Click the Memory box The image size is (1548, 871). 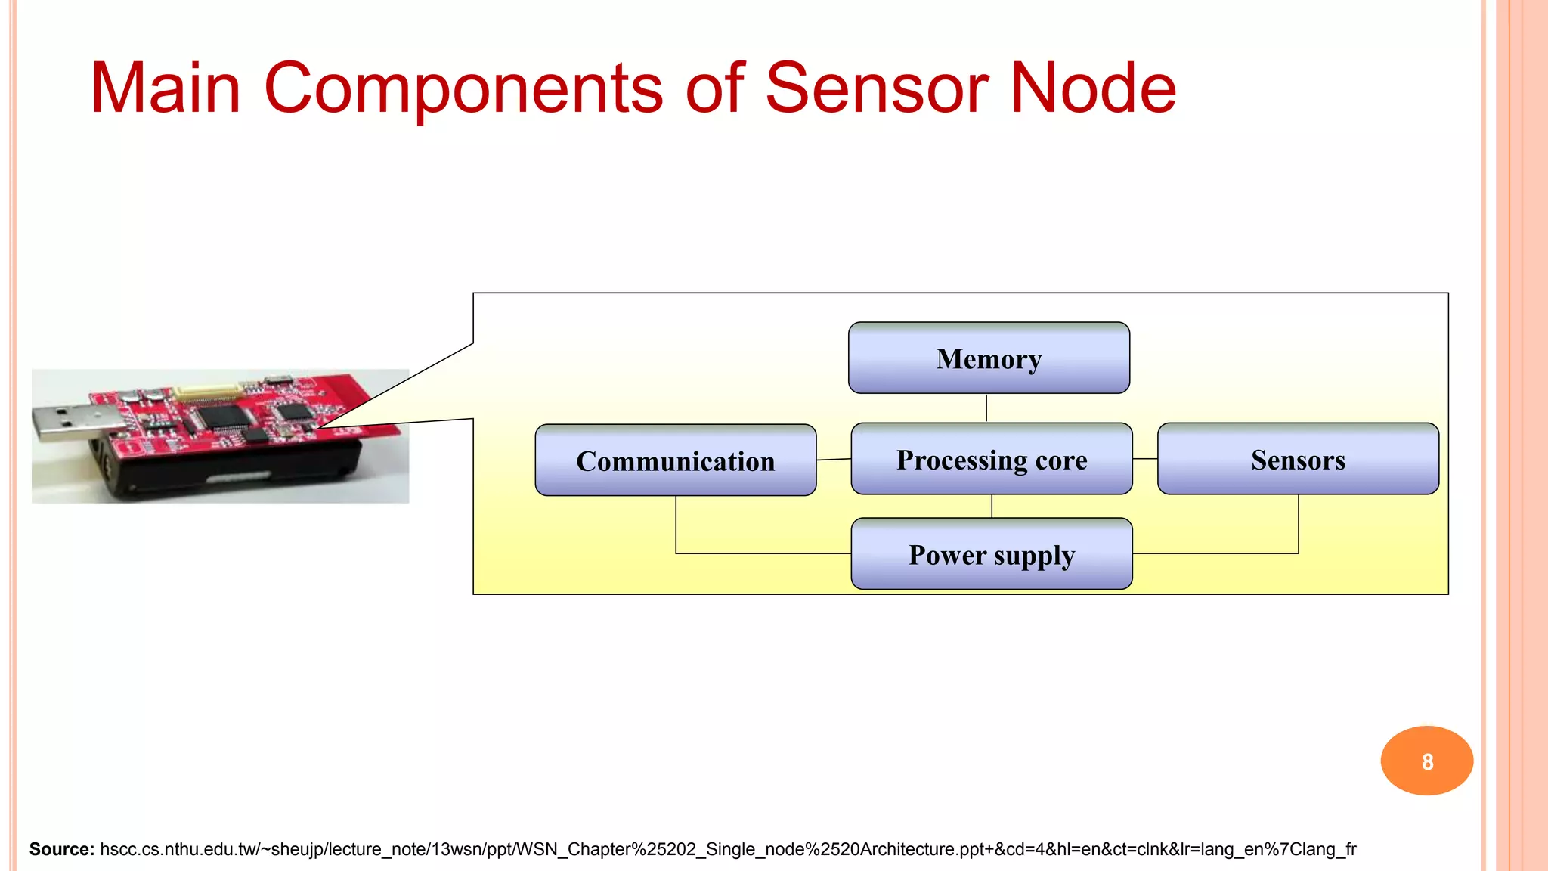[989, 358]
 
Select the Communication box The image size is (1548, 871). [675, 460]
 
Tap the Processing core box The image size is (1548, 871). [991, 459]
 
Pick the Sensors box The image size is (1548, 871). [1298, 459]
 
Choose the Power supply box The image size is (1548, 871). [991, 554]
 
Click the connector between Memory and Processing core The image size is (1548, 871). [986, 408]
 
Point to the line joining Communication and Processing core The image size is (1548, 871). [834, 459]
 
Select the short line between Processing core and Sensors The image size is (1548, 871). [1144, 459]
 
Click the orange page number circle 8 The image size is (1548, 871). [1426, 761]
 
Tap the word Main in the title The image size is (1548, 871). [166, 88]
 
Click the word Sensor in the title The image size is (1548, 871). [878, 88]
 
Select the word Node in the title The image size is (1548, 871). [1093, 88]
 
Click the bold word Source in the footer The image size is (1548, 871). [61, 849]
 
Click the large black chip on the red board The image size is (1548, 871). [224, 416]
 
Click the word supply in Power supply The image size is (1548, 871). [1033, 556]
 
